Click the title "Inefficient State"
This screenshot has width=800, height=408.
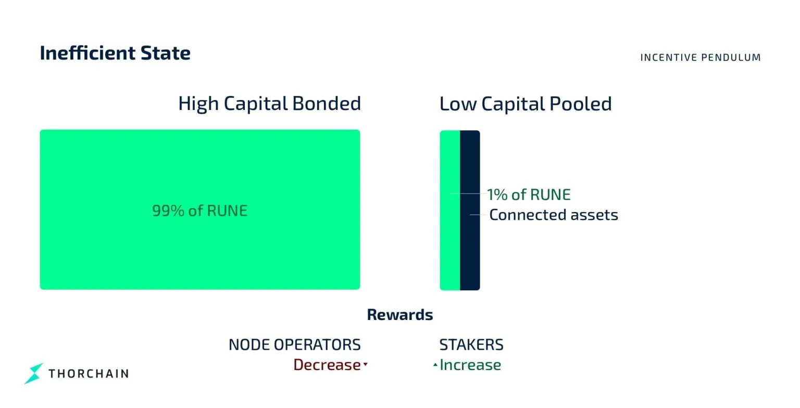pyautogui.click(x=115, y=53)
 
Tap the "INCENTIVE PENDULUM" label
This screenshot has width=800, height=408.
pyautogui.click(x=700, y=57)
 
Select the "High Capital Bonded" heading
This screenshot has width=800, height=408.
pyautogui.click(x=269, y=103)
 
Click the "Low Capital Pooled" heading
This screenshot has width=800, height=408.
pyautogui.click(x=525, y=104)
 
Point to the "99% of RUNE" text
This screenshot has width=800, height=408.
pyautogui.click(x=199, y=211)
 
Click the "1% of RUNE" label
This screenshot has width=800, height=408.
pyautogui.click(x=529, y=194)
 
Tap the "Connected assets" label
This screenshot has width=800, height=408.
pyautogui.click(x=553, y=215)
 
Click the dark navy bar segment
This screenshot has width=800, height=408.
pyautogui.click(x=470, y=250)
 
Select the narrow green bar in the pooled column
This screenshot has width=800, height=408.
pyautogui.click(x=450, y=250)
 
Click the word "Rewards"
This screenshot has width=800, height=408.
pyautogui.click(x=400, y=315)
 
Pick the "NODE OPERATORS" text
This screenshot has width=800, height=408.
pyautogui.click(x=294, y=344)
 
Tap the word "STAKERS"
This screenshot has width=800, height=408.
pyautogui.click(x=471, y=344)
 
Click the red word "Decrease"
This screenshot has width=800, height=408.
pyautogui.click(x=327, y=365)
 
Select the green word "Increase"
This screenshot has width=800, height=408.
pyautogui.click(x=470, y=365)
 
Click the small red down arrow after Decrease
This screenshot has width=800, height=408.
pyautogui.click(x=366, y=365)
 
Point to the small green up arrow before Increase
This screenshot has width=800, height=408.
pyautogui.click(x=435, y=365)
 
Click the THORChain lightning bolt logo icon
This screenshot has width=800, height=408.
pyautogui.click(x=34, y=373)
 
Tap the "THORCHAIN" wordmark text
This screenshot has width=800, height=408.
pyautogui.click(x=89, y=373)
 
